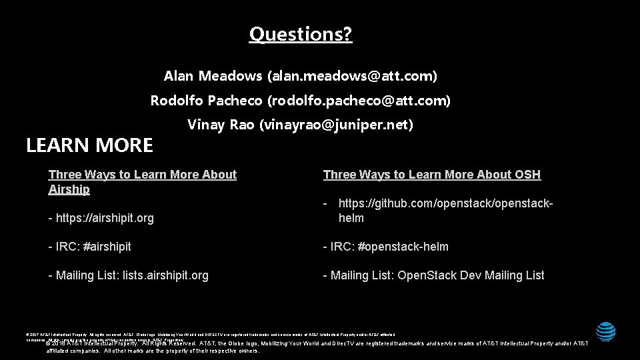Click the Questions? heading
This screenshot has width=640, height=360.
click(301, 33)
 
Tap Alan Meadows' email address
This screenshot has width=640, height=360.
click(352, 76)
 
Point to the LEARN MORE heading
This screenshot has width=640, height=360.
click(89, 145)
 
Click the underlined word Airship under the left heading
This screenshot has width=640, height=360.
click(69, 189)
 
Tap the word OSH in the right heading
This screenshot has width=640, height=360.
click(527, 175)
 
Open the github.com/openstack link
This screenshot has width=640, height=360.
click(445, 203)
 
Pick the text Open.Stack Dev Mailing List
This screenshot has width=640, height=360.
click(471, 275)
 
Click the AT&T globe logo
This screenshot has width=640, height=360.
click(606, 331)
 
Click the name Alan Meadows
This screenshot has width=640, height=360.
click(213, 76)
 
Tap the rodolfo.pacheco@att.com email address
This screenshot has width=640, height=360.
click(359, 101)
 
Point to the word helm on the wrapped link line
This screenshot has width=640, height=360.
click(351, 218)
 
